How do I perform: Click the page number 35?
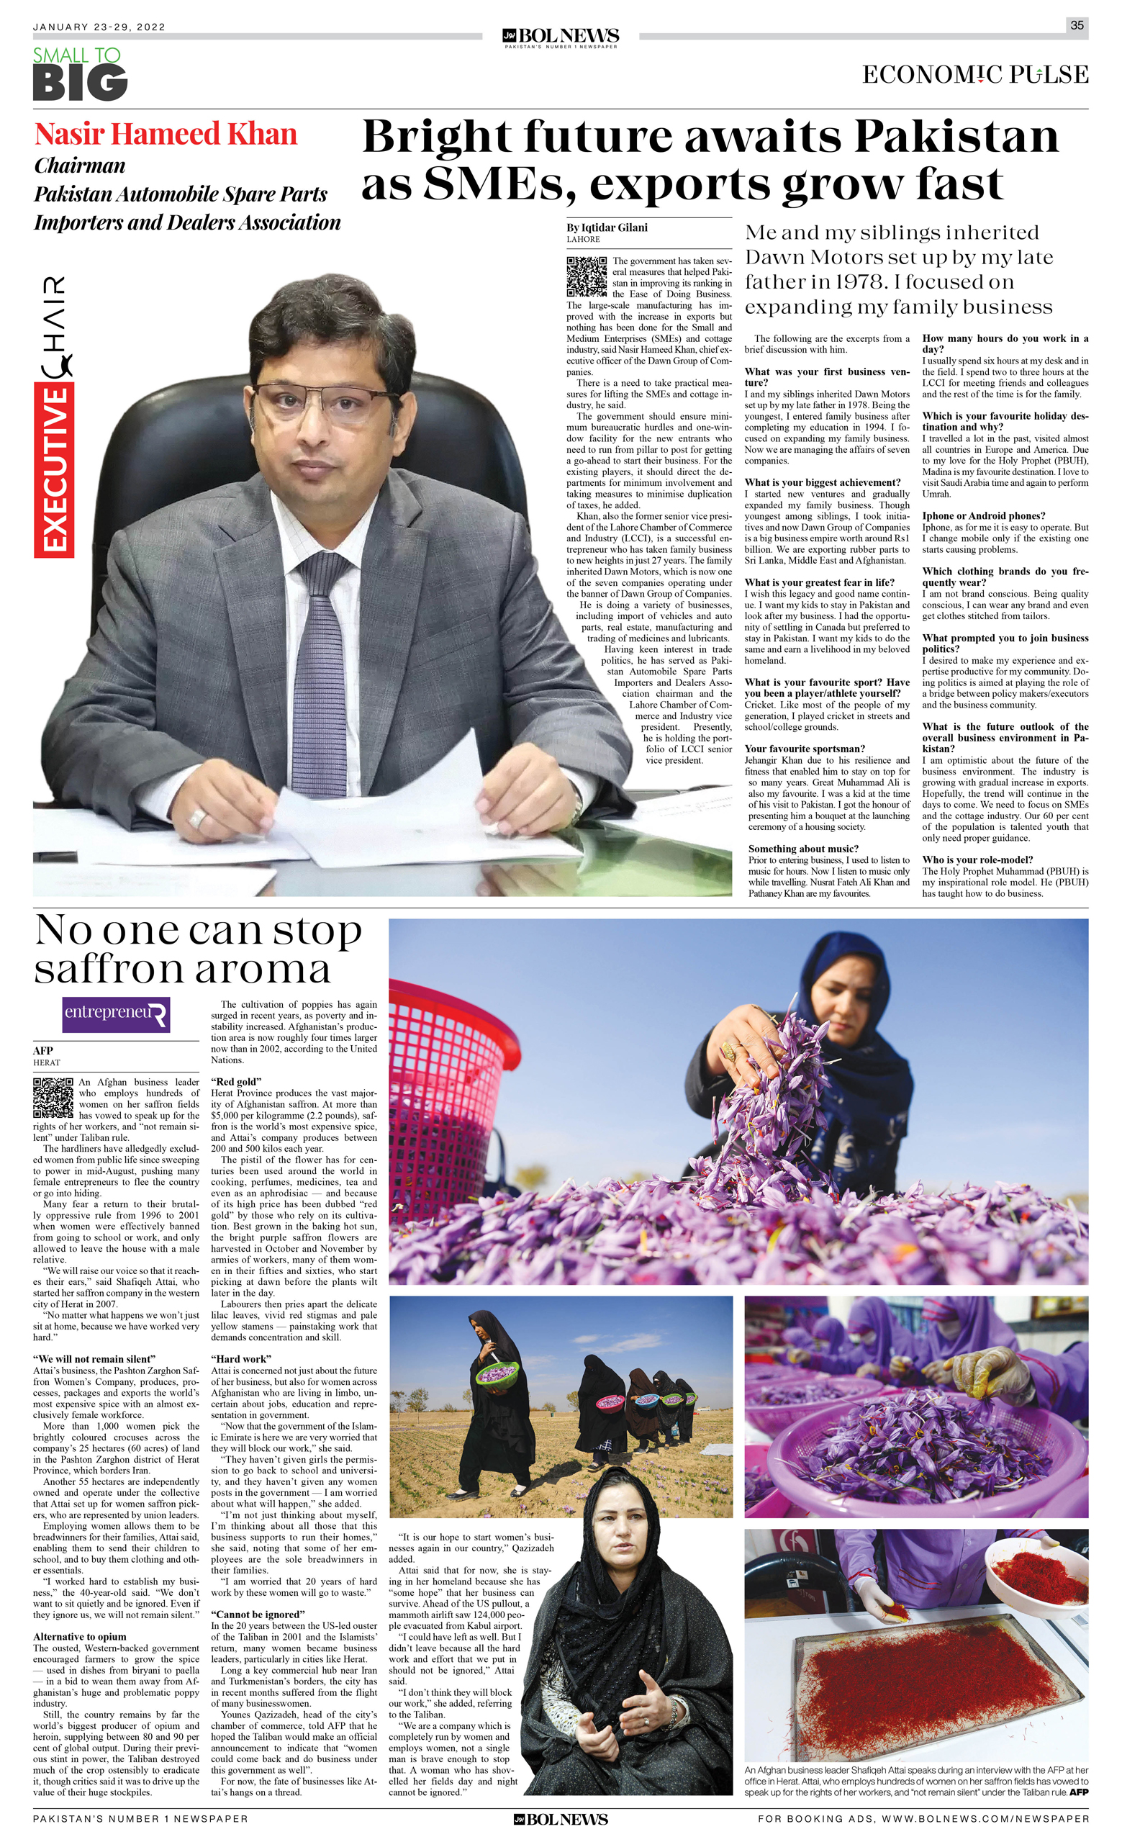[1077, 24]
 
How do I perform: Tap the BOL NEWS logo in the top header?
[561, 37]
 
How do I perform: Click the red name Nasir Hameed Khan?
[166, 135]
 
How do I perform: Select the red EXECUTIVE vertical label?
[54, 471]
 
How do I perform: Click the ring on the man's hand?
[197, 818]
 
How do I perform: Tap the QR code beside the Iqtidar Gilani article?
[586, 276]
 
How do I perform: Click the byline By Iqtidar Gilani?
[607, 227]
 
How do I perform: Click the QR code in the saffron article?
[53, 1098]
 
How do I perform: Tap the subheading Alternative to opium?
[79, 1636]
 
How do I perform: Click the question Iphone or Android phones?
[983, 516]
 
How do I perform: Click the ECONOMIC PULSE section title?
[974, 75]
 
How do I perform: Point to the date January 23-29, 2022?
[99, 27]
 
